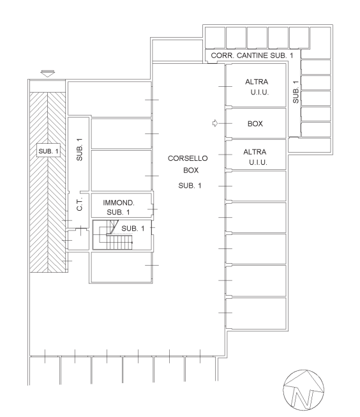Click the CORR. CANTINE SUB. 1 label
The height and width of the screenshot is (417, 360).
251,56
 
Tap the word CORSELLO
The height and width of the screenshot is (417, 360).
188,158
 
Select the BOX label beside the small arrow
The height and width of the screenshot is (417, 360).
255,124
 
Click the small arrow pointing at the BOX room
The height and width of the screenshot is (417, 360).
215,123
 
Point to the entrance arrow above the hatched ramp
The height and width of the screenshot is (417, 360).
48,73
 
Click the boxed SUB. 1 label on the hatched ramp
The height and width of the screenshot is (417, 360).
49,151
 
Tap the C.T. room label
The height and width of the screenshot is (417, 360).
80,204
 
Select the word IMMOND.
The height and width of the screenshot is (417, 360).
119,202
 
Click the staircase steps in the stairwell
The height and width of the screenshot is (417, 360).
119,242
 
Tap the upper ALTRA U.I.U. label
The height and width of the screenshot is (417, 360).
257,87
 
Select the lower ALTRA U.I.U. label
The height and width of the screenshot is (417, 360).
255,157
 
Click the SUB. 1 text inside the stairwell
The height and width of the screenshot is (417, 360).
133,229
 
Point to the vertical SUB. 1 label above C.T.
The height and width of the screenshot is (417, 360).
80,149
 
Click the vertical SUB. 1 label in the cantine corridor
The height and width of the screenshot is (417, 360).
296,92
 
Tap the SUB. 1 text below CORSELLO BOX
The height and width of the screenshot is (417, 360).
190,186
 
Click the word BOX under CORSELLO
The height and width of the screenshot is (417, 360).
191,171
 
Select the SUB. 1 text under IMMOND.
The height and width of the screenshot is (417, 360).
118,212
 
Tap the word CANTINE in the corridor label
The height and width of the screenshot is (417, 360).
252,56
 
